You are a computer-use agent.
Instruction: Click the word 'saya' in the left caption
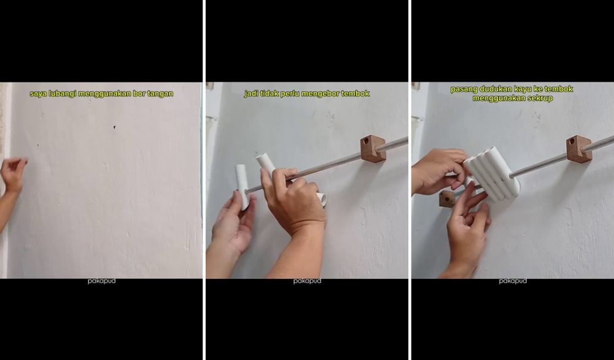pyautogui.click(x=37, y=94)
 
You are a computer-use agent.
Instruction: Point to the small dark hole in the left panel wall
pyautogui.click(x=114, y=128)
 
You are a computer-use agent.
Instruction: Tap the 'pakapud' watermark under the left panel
pyautogui.click(x=101, y=281)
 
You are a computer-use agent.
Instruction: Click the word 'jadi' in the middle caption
pyautogui.click(x=251, y=94)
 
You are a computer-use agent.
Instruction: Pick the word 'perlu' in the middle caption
pyautogui.click(x=289, y=94)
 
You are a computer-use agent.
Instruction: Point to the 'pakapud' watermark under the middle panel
pyautogui.click(x=306, y=281)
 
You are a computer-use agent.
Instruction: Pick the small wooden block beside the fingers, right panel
pyautogui.click(x=447, y=198)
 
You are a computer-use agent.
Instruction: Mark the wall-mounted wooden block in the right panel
pyautogui.click(x=578, y=149)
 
